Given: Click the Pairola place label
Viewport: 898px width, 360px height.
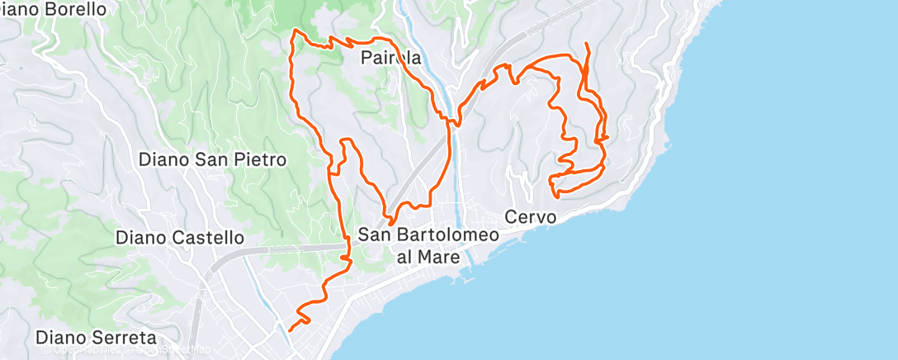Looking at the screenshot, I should tap(391, 59).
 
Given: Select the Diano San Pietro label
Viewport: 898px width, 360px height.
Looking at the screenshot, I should tap(213, 159).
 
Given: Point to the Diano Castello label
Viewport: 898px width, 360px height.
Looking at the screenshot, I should tap(180, 238).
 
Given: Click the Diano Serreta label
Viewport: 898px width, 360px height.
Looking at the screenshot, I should tap(97, 339).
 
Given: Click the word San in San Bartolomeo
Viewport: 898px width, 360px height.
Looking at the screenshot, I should tap(376, 234).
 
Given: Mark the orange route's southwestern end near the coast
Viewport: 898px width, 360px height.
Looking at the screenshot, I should tap(290, 329).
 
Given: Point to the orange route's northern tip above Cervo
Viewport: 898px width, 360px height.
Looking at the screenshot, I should tap(586, 43).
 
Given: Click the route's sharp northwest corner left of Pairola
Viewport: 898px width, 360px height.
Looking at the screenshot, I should tap(295, 31).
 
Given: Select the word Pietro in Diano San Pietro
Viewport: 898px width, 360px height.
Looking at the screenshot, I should tap(261, 159).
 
